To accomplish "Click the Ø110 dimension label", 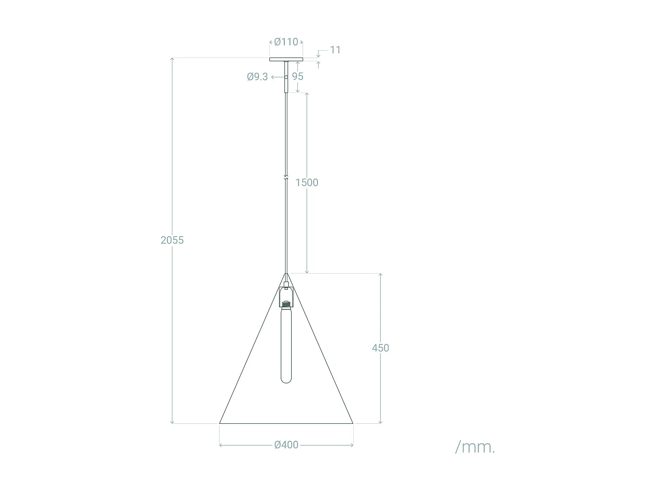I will pyautogui.click(x=286, y=42).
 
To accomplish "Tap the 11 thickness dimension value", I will pyautogui.click(x=335, y=50).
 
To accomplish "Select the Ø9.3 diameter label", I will pyautogui.click(x=257, y=77).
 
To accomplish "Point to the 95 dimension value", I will pyautogui.click(x=297, y=76).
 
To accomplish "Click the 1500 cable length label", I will pyautogui.click(x=307, y=182).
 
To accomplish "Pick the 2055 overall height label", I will pyautogui.click(x=172, y=240).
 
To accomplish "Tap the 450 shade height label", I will pyautogui.click(x=380, y=348).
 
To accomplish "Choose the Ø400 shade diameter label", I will pyautogui.click(x=286, y=445).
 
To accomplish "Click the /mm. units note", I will pyautogui.click(x=475, y=447).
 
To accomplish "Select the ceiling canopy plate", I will pyautogui.click(x=286, y=59).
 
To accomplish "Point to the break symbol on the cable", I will pyautogui.click(x=286, y=178).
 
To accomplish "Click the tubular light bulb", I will pyautogui.click(x=286, y=345).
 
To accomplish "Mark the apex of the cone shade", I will pyautogui.click(x=286, y=274).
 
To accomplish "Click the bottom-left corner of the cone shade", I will pyautogui.click(x=220, y=423).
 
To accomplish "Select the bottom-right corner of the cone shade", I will pyautogui.click(x=353, y=423).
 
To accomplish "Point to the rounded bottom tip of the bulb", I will pyautogui.click(x=286, y=382).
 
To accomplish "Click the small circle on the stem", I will pyautogui.click(x=286, y=77).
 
